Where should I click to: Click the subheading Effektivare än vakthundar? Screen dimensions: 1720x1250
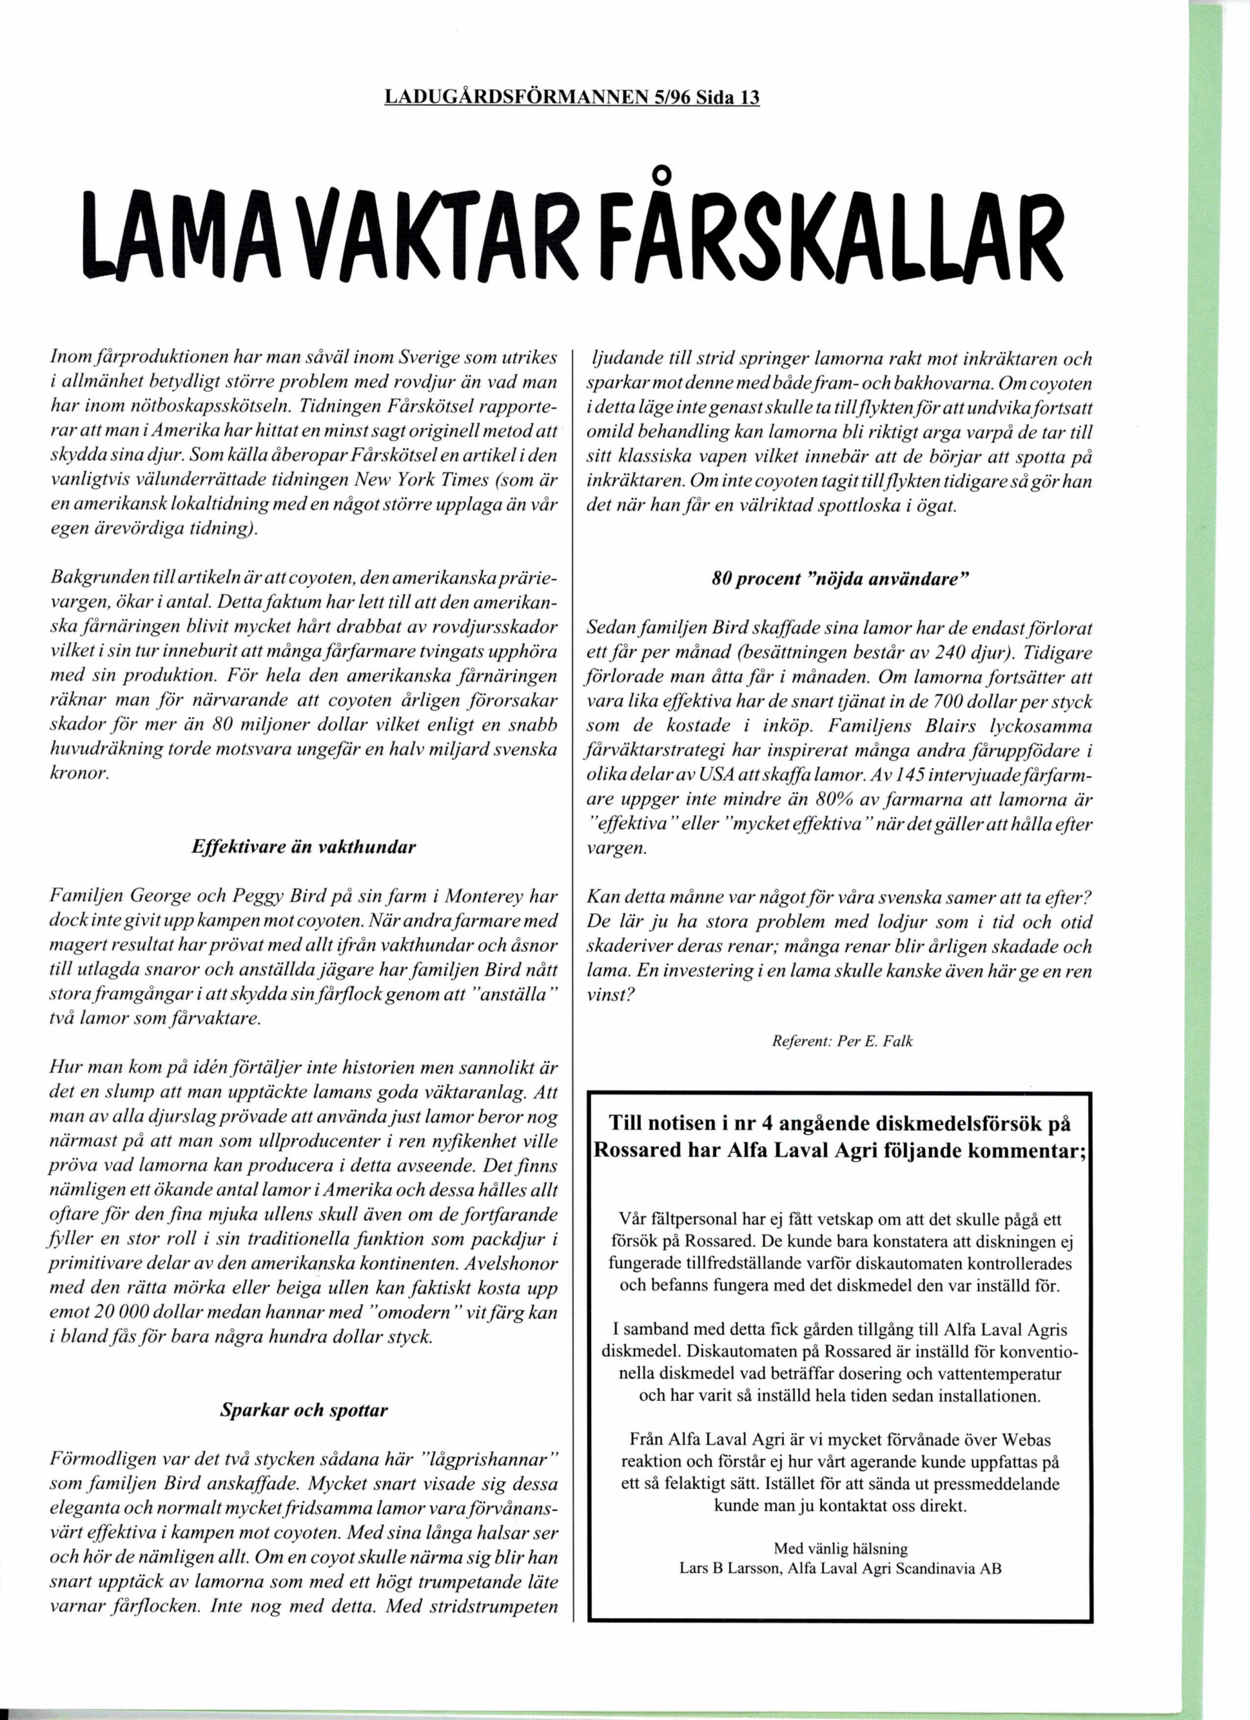pos(304,847)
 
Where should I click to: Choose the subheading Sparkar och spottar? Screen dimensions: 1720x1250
pos(304,1410)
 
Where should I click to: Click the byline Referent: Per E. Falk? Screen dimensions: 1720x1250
pos(842,1041)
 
